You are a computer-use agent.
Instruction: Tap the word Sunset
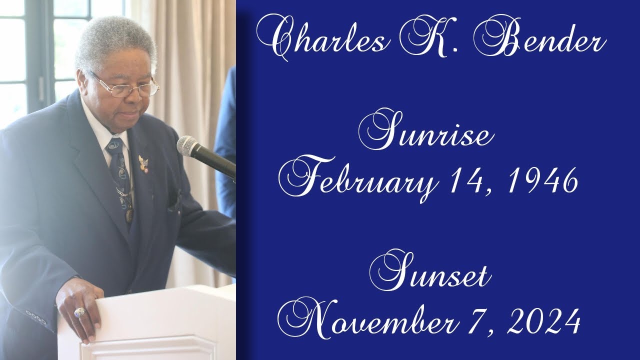[x=433, y=274]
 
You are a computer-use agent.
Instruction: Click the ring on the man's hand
[x=80, y=313]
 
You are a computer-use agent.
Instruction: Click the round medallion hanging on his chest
[x=129, y=215]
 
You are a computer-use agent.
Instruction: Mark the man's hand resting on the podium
[x=80, y=307]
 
